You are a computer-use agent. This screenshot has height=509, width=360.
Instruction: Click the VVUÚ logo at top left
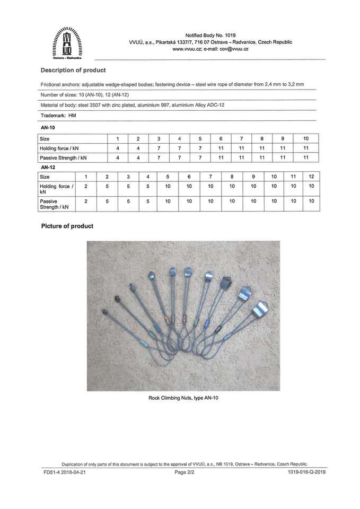[x=67, y=44]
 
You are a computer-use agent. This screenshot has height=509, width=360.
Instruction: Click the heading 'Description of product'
[x=73, y=70]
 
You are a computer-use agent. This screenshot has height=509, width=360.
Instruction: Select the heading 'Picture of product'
[x=67, y=226]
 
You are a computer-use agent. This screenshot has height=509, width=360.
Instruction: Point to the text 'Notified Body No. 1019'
[x=210, y=35]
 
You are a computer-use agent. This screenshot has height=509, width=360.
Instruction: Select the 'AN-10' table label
[x=48, y=128]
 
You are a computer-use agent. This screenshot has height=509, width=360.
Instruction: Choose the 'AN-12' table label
[x=48, y=167]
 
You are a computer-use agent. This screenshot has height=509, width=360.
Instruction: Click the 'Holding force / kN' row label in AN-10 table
[x=59, y=148]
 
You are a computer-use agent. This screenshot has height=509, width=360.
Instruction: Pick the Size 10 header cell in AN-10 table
[x=306, y=138]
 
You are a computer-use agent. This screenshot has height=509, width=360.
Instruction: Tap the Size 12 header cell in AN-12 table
[x=311, y=176]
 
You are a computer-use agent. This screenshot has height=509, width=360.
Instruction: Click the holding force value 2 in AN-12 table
[x=85, y=186]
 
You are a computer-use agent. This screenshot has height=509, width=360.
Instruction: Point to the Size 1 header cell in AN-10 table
[x=117, y=138]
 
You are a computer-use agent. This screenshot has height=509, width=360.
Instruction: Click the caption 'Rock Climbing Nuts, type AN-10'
[x=183, y=398]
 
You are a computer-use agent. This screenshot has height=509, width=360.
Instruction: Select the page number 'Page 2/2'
[x=185, y=471]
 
